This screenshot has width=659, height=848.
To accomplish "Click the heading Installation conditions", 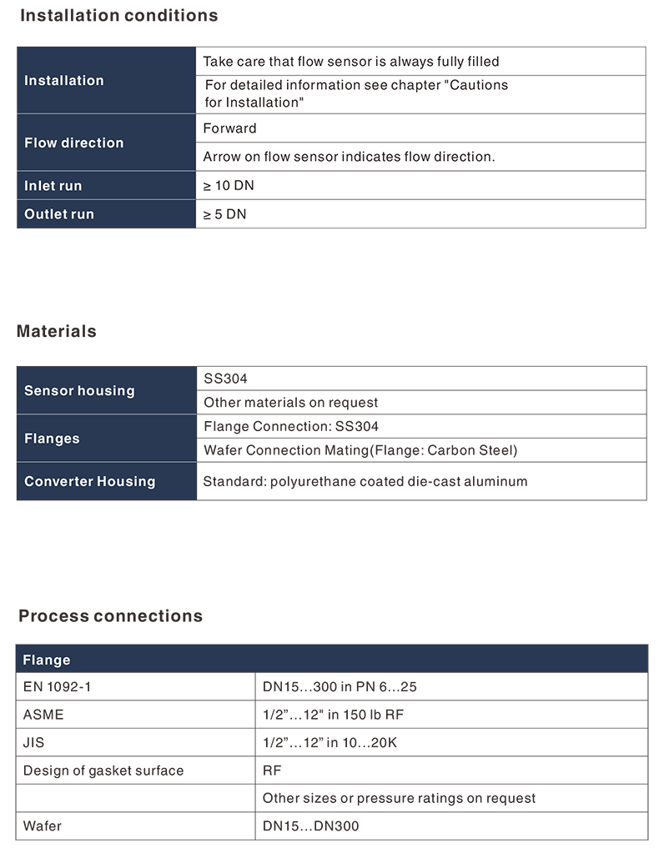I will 118,16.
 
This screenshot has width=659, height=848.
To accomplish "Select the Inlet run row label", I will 53,186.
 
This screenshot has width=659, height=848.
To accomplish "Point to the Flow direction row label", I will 73,143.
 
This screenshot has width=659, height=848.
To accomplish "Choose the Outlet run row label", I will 59,214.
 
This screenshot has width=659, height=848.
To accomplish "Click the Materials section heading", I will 57,331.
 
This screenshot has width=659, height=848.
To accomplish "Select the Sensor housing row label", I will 79,390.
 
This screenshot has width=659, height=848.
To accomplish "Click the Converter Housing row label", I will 90,481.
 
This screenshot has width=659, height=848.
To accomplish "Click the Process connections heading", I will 110,616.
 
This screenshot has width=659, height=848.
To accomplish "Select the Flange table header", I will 47,660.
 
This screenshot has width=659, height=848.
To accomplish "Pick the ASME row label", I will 43,715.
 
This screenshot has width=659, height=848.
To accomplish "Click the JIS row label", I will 35,742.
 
